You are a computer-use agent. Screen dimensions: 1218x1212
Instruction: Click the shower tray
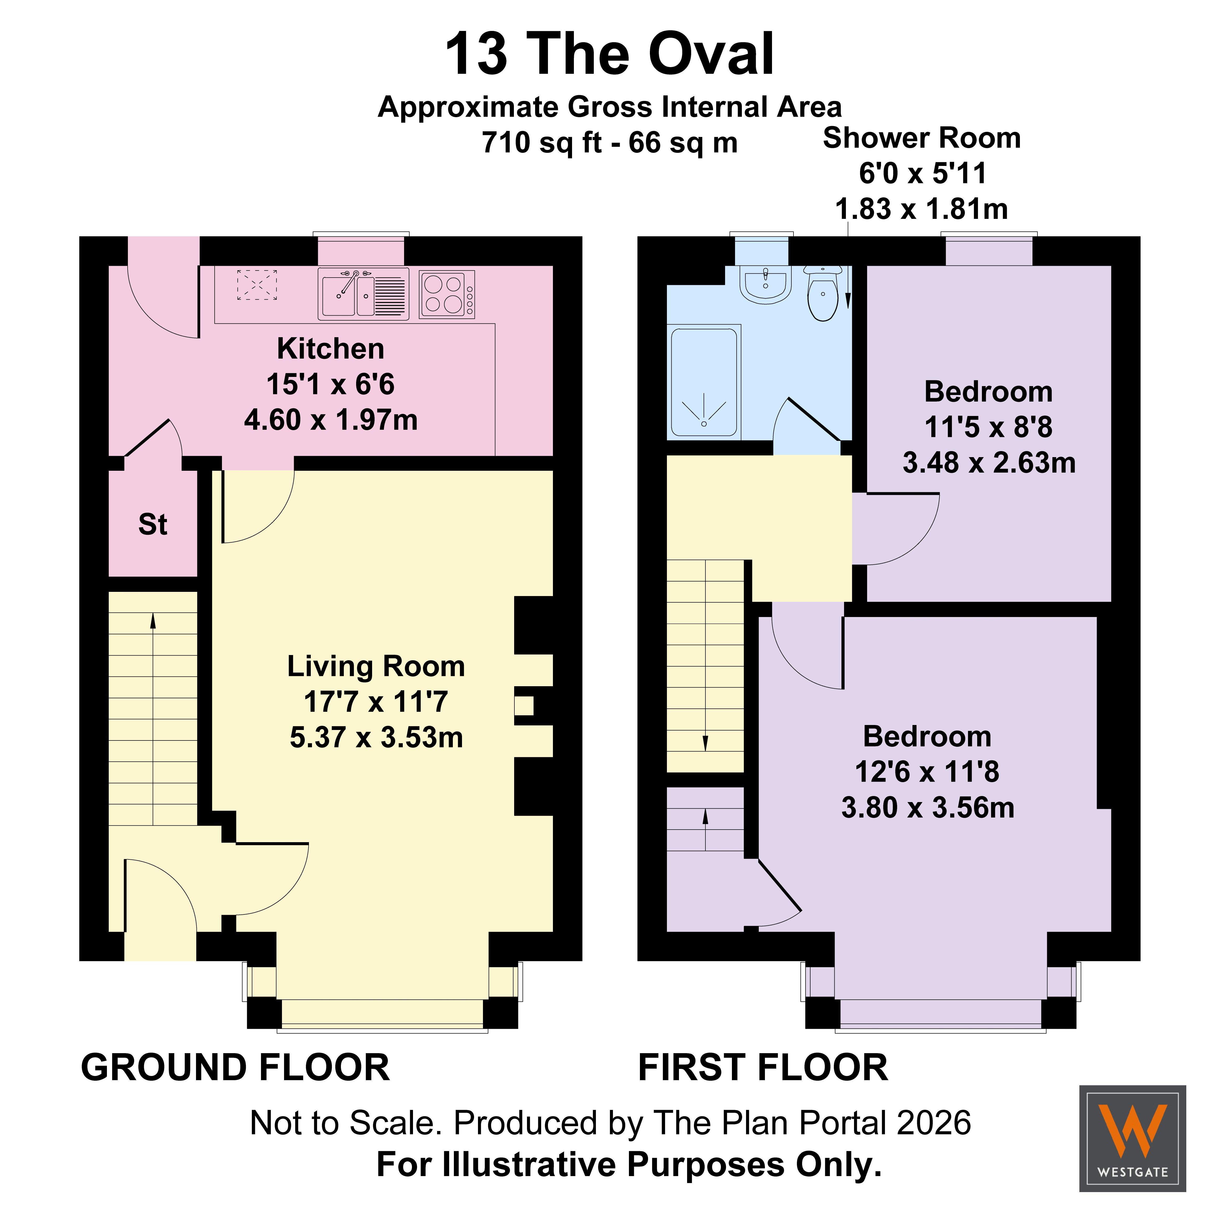coord(704,382)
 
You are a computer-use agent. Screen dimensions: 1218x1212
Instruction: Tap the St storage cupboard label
coord(153,525)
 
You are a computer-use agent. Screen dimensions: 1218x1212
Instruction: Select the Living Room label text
coord(376,667)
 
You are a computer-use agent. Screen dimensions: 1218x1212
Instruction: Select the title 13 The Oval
coord(609,54)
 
